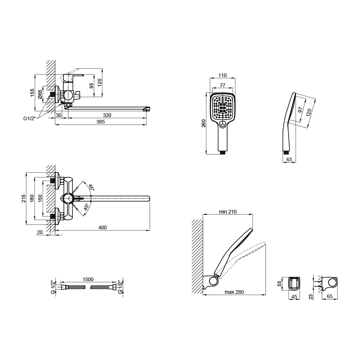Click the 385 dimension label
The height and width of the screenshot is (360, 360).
click(x=100, y=122)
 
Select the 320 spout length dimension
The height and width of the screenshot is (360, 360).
click(x=107, y=115)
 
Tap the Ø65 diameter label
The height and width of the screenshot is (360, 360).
click(x=40, y=94)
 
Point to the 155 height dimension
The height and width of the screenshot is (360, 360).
click(x=32, y=93)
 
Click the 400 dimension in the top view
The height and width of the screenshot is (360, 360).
click(x=102, y=228)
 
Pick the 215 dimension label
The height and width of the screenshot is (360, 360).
click(x=24, y=198)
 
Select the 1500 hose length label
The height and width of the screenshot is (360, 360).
click(x=88, y=279)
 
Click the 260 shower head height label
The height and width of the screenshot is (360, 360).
click(x=204, y=123)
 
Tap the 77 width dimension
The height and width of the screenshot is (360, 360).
click(x=222, y=85)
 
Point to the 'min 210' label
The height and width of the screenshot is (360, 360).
click(x=228, y=212)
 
